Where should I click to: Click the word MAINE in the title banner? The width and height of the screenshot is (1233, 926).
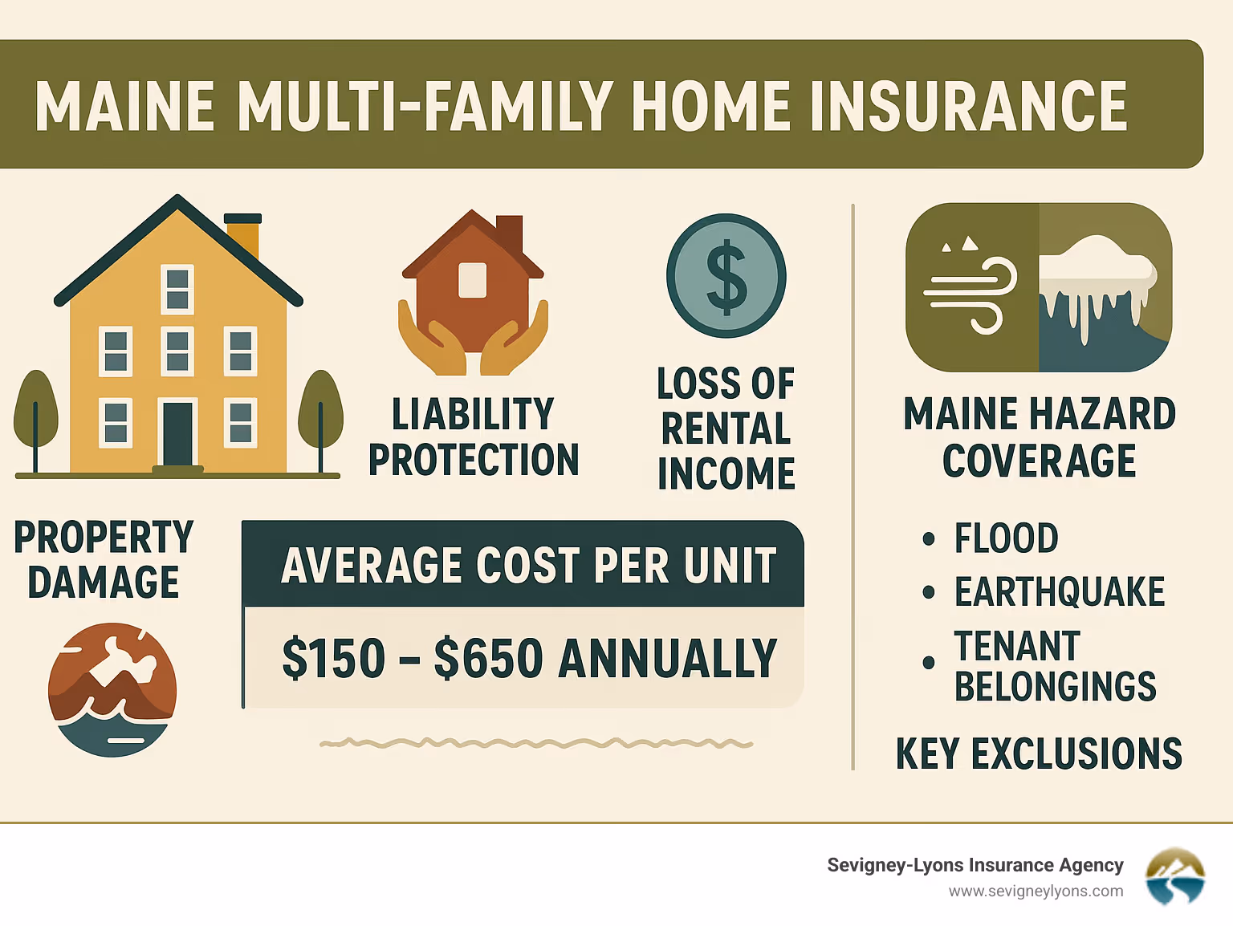point(124,106)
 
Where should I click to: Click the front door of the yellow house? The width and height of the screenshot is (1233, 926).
point(178,433)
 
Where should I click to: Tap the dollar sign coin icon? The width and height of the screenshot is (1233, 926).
point(726,275)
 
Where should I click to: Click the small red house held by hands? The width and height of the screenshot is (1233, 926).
point(473,281)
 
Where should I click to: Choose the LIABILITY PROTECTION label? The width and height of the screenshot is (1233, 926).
point(473,437)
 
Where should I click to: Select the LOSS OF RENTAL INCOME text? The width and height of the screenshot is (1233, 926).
point(726,428)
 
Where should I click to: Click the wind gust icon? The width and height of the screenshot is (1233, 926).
point(971,287)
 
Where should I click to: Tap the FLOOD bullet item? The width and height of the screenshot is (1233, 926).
point(1006,538)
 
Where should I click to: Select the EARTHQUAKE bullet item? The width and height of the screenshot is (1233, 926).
point(1059,592)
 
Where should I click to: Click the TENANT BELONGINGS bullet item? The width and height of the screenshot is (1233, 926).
point(1055,666)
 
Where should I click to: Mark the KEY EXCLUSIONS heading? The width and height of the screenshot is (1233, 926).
point(1039,754)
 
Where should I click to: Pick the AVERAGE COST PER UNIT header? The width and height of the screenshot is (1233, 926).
point(528,566)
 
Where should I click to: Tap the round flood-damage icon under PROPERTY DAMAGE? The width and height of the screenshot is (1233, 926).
point(112,690)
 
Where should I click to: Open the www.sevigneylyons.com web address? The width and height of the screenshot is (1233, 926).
point(1036,891)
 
